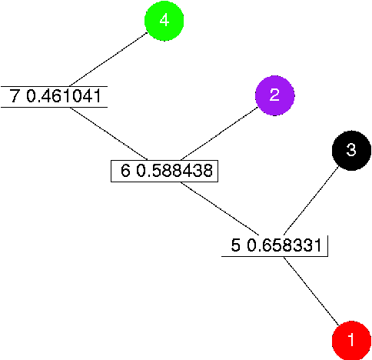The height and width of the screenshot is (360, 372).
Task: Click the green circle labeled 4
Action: tap(164, 22)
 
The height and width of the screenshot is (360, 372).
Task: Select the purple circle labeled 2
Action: tap(274, 95)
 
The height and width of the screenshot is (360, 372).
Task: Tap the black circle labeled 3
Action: tap(351, 151)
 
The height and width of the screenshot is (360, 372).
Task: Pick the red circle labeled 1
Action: tap(351, 340)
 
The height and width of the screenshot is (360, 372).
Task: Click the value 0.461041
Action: tap(65, 96)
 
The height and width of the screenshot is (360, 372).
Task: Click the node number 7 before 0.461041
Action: tap(15, 96)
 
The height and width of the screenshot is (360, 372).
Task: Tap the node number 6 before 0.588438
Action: tap(125, 170)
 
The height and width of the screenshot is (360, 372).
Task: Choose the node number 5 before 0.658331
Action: tap(236, 245)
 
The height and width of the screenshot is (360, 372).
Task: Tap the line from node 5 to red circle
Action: tap(311, 292)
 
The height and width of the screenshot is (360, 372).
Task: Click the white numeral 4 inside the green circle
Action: tap(164, 21)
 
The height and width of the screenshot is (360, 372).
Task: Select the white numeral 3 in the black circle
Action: tap(351, 150)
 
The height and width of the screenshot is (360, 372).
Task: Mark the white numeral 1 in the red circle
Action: tap(351, 339)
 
